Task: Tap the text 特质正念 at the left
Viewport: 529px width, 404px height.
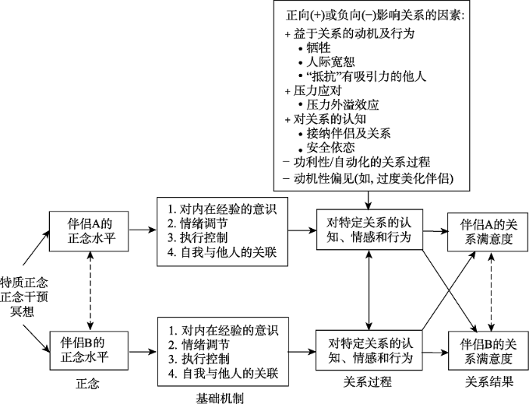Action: pyautogui.click(x=24, y=281)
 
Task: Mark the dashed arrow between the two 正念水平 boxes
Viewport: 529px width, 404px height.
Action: pyautogui.click(x=89, y=288)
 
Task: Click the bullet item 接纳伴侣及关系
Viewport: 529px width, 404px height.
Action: pyautogui.click(x=347, y=133)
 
